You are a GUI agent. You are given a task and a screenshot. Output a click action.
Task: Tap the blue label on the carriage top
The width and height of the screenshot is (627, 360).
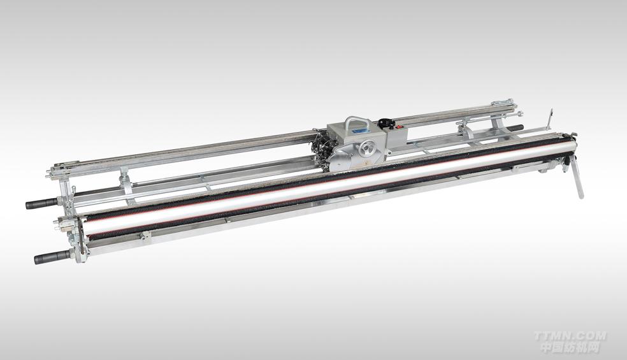coord(359,129)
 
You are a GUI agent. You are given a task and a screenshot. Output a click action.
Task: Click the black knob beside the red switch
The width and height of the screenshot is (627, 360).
coord(385,121)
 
